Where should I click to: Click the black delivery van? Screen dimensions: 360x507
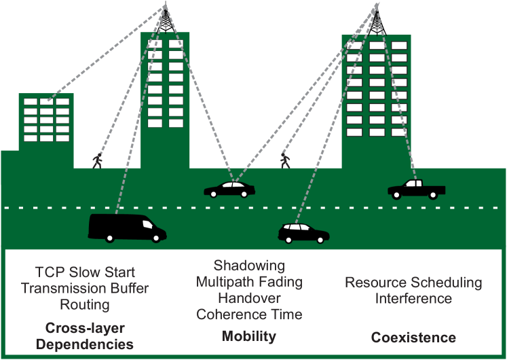coord(126,227)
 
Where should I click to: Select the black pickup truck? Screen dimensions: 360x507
coord(415,189)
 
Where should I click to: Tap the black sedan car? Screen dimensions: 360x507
coord(229,189)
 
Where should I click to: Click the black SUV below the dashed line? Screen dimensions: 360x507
coord(303,233)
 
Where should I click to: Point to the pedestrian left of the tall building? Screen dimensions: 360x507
coord(98,160)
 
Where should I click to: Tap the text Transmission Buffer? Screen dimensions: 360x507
coord(86,288)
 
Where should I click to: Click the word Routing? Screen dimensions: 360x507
coord(85,304)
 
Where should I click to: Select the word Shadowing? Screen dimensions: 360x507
coord(249,266)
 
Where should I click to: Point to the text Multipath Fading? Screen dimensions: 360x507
coord(249,281)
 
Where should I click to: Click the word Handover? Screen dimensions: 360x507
coord(249,298)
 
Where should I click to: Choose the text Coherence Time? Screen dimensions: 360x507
coord(249,314)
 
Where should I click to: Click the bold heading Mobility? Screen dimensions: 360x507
coord(249,336)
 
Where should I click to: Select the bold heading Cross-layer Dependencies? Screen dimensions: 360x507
coord(85,336)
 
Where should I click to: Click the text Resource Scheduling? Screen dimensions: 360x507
coord(413,283)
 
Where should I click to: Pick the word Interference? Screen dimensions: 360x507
coord(413,298)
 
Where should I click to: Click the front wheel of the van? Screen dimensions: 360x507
coord(157,237)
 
